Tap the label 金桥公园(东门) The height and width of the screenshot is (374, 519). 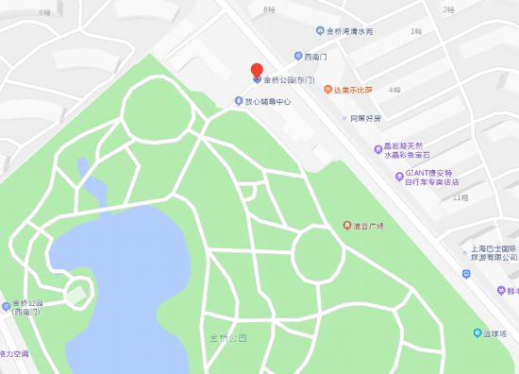(x=291, y=79)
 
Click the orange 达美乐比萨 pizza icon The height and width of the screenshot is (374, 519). (x=326, y=90)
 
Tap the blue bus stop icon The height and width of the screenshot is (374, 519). (x=467, y=274)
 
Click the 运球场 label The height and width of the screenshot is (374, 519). (x=496, y=333)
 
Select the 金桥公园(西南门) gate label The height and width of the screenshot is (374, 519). (x=23, y=309)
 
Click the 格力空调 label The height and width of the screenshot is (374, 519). (x=13, y=353)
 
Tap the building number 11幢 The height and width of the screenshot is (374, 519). (x=460, y=198)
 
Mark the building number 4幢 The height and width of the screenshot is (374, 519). (x=394, y=91)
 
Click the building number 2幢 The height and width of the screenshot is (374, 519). (x=448, y=8)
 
